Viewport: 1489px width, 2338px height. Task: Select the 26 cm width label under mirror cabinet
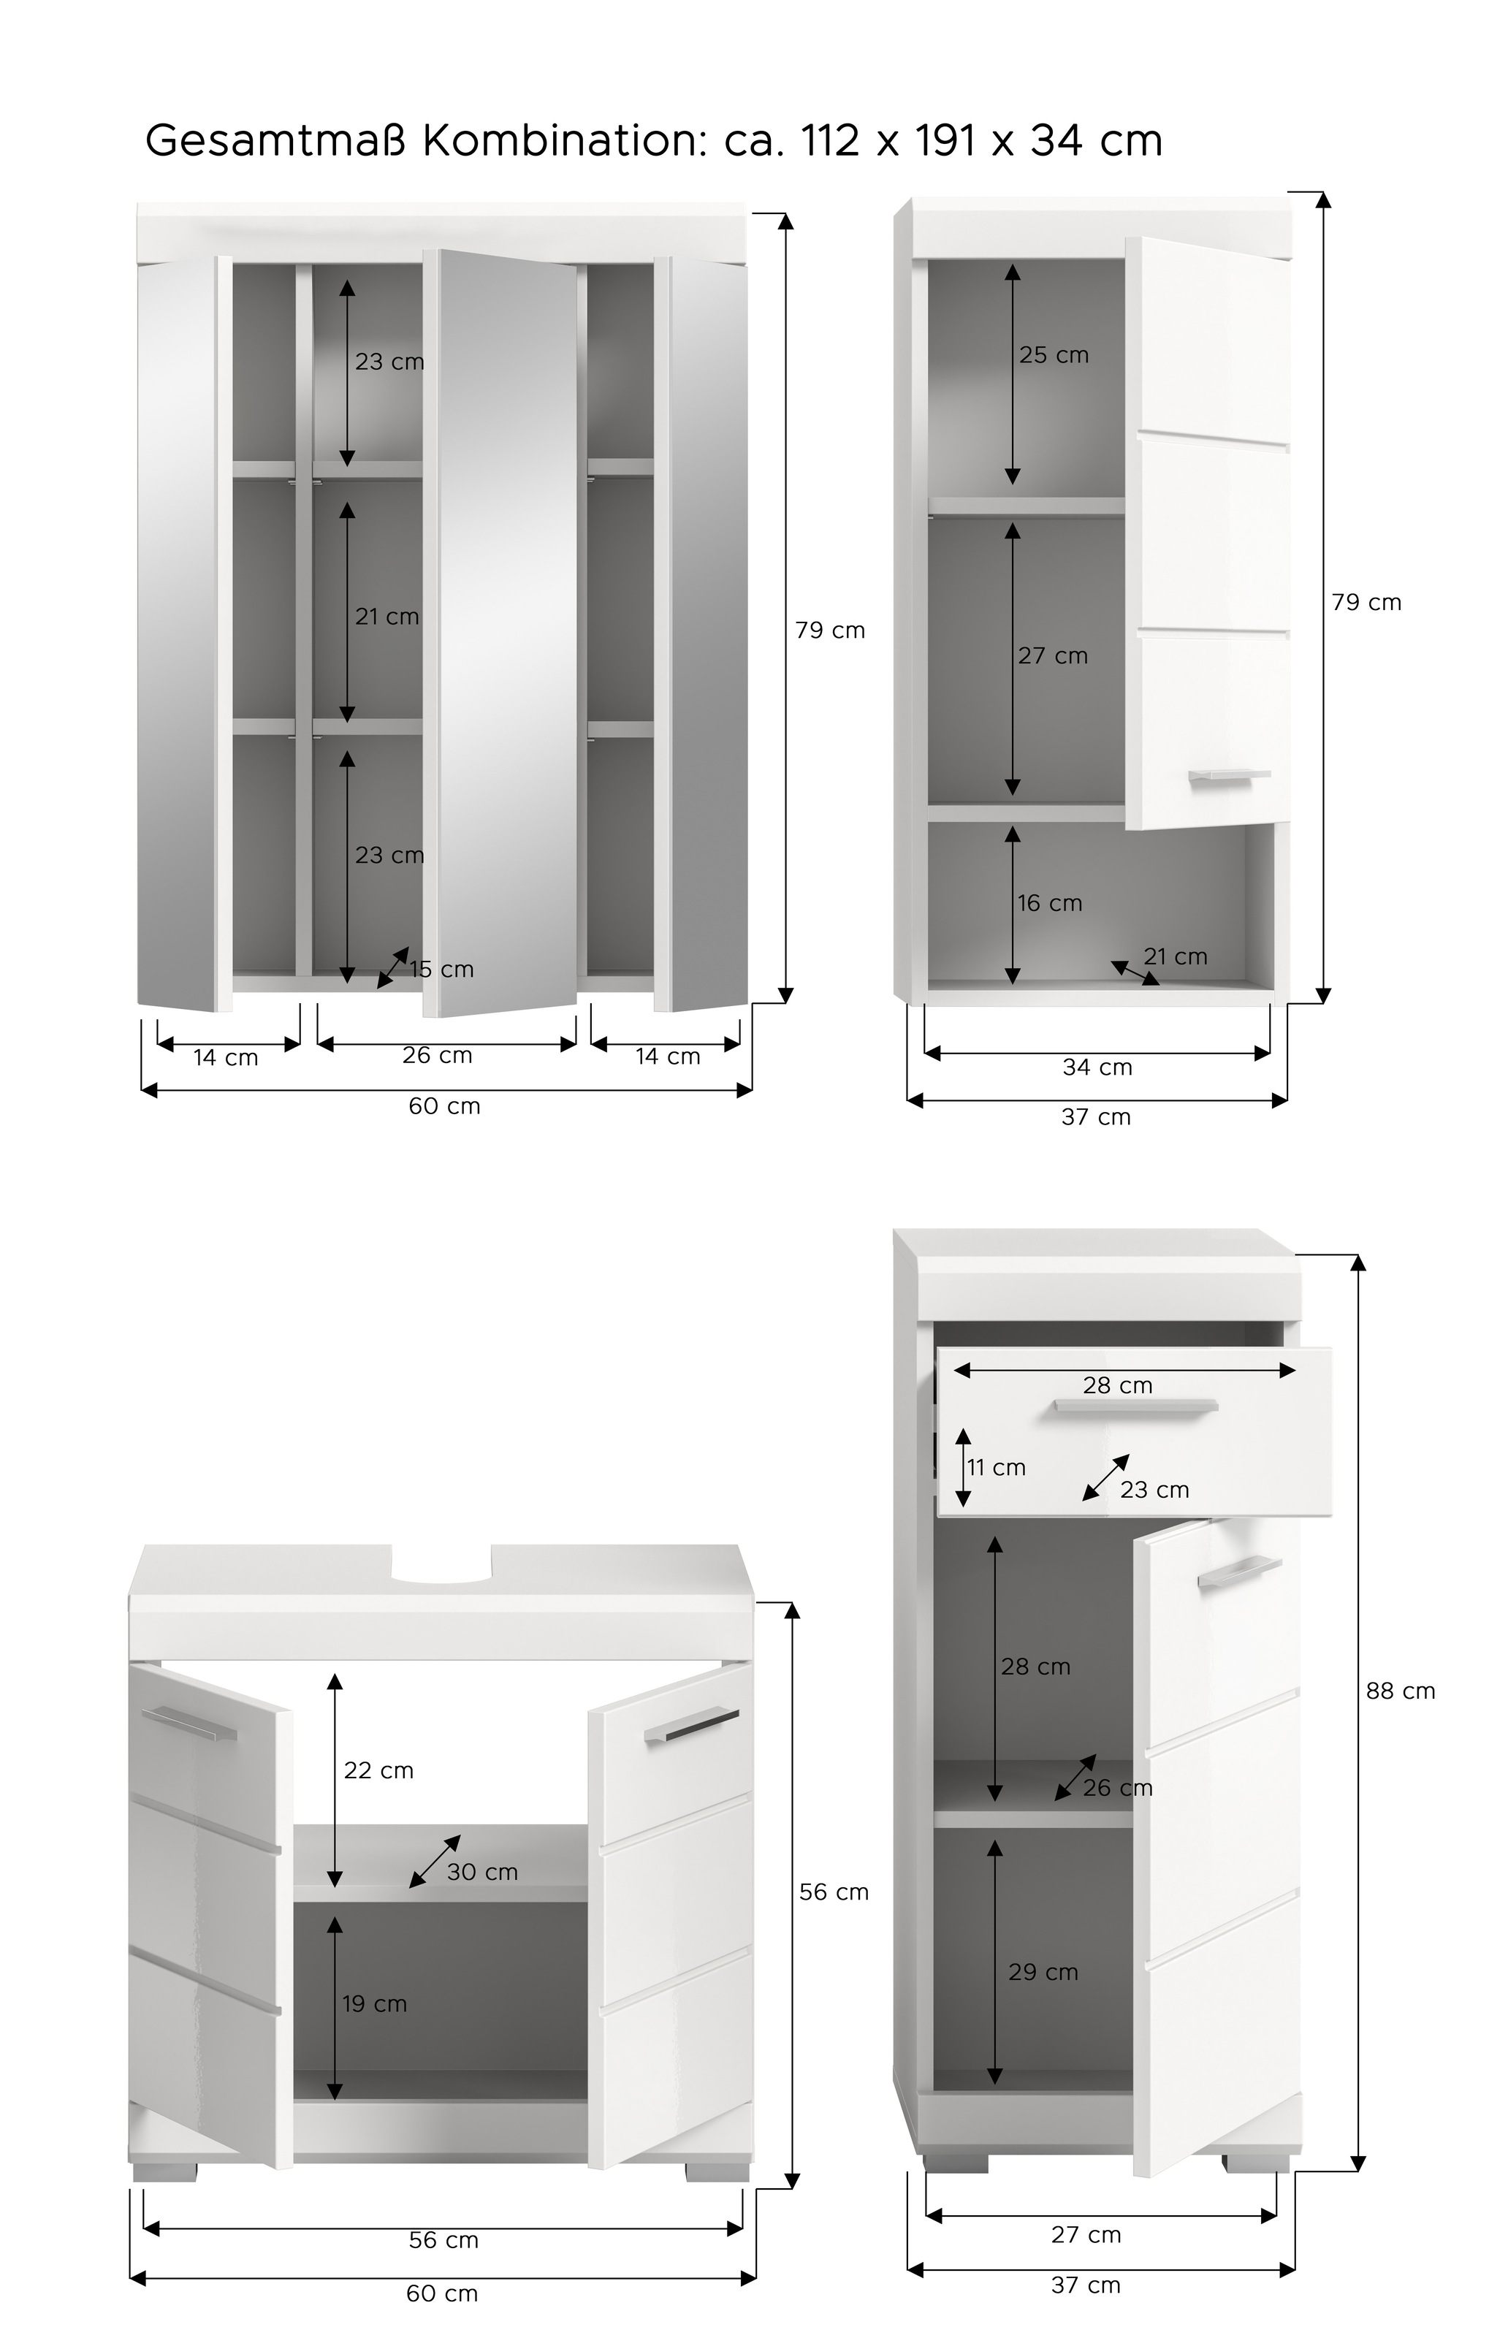[x=437, y=1056]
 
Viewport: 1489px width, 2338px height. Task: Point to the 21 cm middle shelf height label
[x=386, y=617]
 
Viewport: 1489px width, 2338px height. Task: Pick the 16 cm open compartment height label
[x=1049, y=903]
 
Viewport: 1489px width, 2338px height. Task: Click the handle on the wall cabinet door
[x=1229, y=774]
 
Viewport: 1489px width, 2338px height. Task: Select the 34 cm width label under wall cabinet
[x=1097, y=1067]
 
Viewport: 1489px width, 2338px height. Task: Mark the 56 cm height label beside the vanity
[x=833, y=1892]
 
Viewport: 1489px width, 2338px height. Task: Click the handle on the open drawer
[x=1135, y=1407]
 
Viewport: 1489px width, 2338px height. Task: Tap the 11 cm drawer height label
[x=996, y=1467]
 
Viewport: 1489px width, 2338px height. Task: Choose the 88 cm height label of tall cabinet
[x=1400, y=1691]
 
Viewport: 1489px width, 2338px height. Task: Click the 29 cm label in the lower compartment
[x=1043, y=1971]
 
